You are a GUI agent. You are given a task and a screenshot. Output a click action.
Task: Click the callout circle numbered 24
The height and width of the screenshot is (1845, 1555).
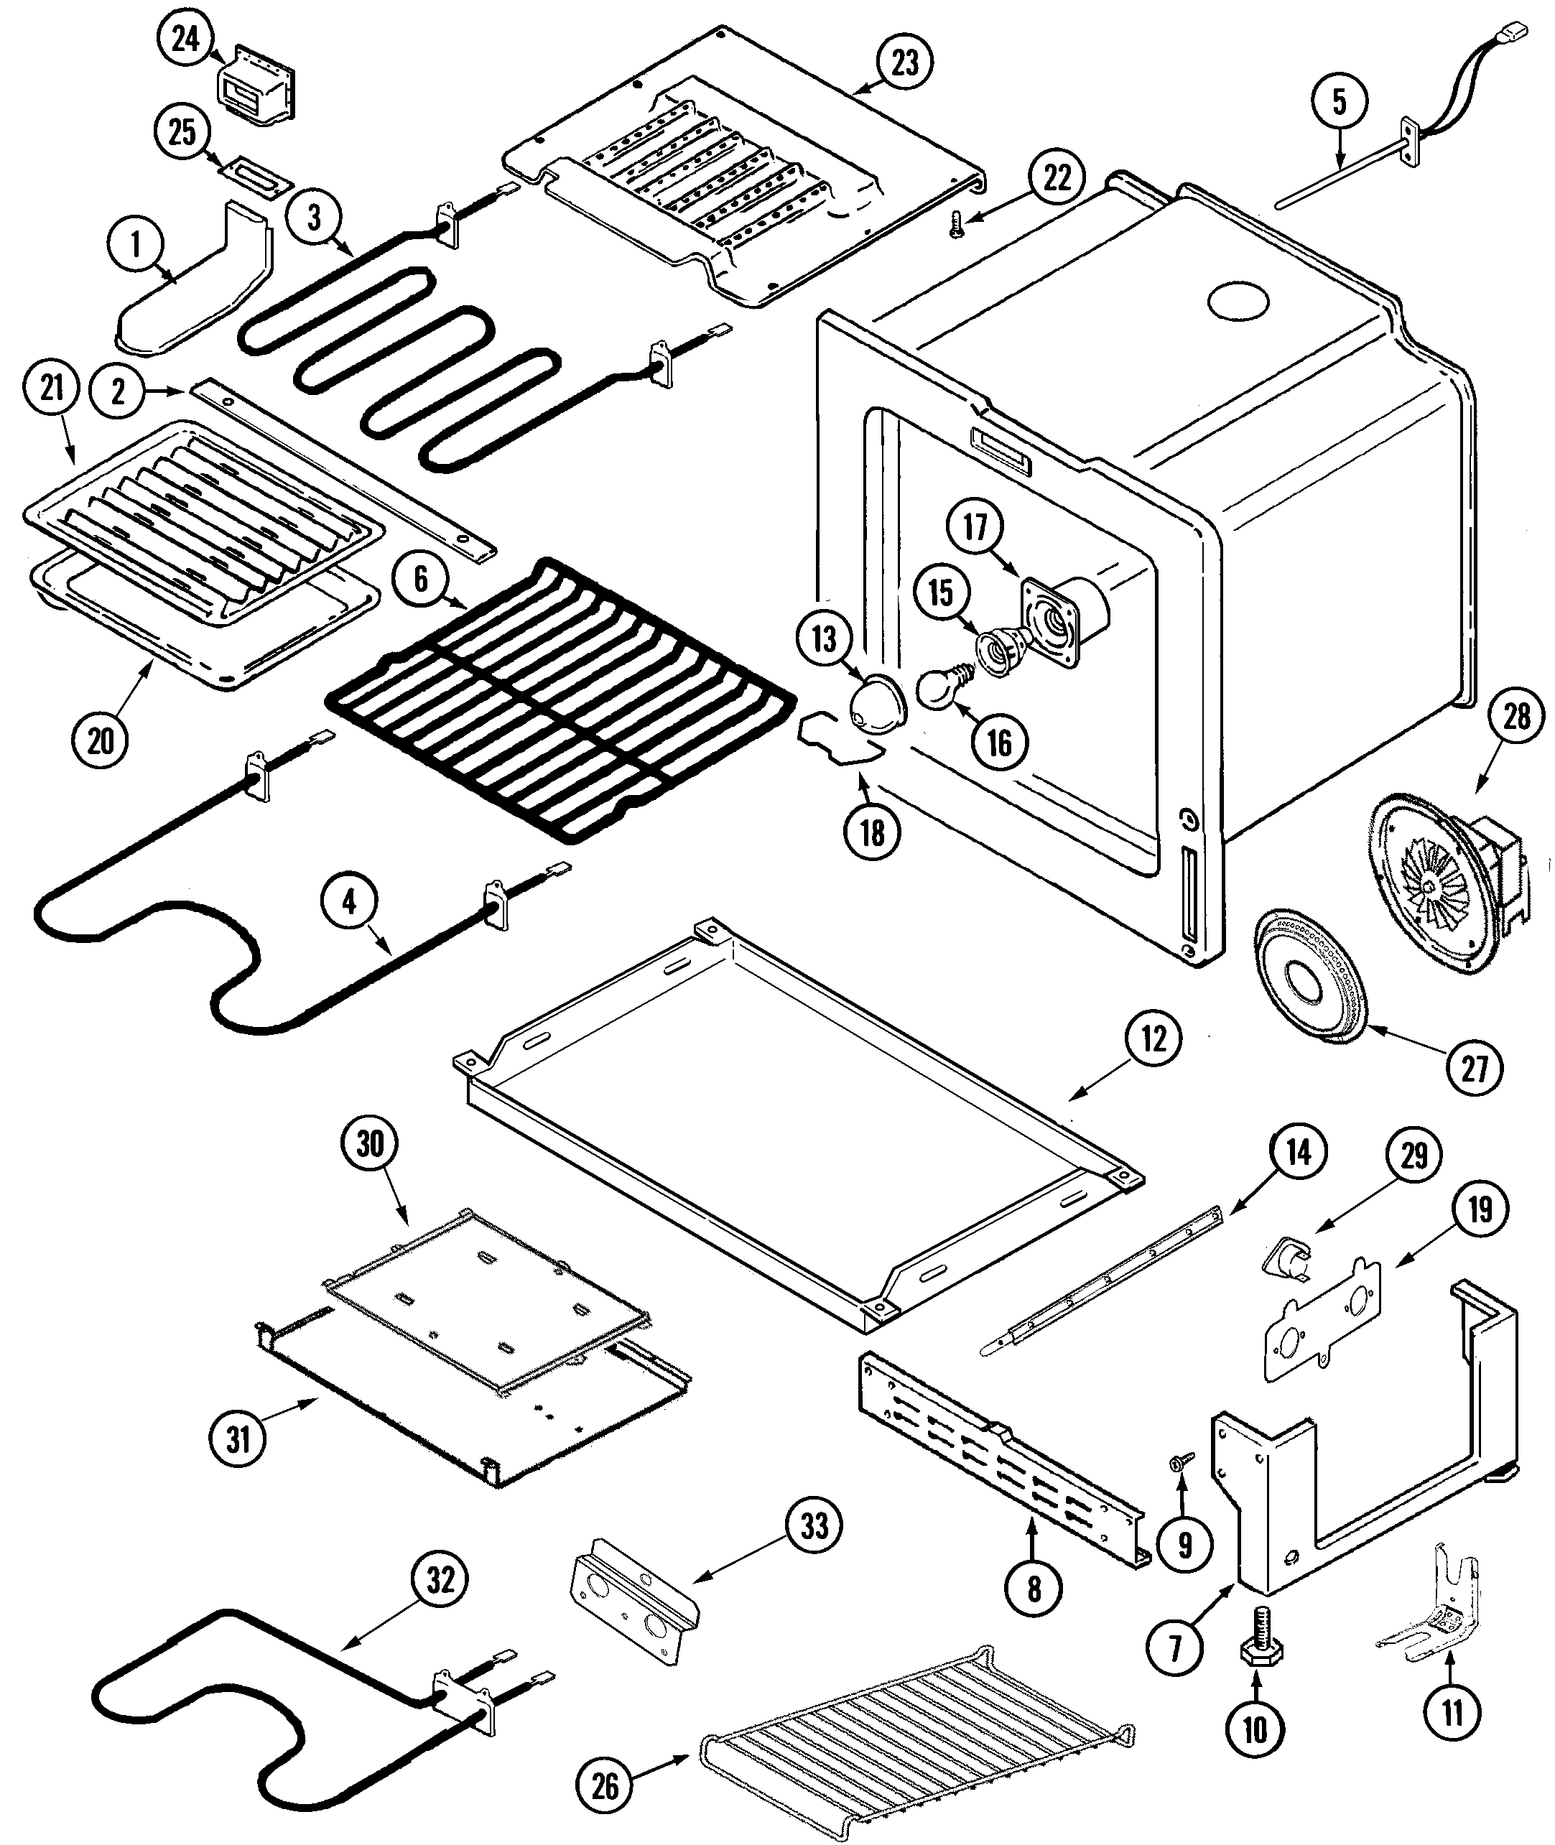point(185,39)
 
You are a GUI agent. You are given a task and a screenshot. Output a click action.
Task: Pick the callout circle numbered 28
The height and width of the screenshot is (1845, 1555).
point(1516,717)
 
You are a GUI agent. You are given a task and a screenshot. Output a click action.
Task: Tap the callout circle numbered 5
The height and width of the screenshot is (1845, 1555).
point(1339,102)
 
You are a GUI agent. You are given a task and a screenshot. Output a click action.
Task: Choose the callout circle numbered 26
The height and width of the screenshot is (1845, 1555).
point(605,1786)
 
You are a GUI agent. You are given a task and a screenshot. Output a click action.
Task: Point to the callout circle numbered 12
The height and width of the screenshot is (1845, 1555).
point(1153,1039)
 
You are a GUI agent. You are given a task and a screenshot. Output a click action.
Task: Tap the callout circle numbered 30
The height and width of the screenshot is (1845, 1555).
point(370,1143)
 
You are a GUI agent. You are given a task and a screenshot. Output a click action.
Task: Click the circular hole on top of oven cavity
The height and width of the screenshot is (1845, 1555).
point(1238,302)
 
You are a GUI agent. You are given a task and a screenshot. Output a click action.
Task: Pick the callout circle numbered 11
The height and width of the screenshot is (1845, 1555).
point(1452,1712)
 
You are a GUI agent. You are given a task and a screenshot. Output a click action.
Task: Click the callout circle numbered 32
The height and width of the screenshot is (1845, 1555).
point(441,1581)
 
